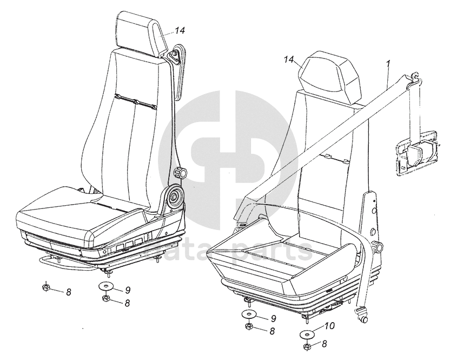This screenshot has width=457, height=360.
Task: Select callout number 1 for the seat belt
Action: [x=388, y=64]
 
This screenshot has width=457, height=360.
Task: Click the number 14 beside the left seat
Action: [x=179, y=31]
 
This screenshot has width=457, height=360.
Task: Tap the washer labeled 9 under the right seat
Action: [x=250, y=315]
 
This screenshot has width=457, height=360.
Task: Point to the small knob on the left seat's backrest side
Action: [x=180, y=174]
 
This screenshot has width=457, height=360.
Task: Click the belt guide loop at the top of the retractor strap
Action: [x=415, y=79]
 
